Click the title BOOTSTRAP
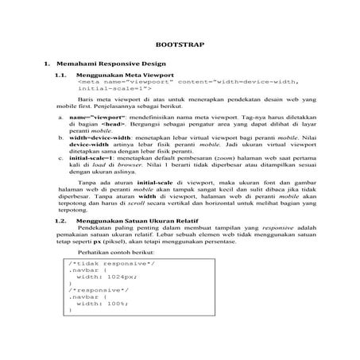point(180,46)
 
